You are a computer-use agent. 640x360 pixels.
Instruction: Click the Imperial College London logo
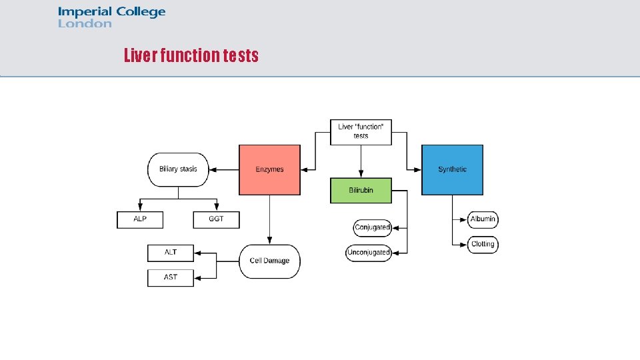111,17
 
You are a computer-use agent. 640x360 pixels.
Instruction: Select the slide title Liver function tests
191,55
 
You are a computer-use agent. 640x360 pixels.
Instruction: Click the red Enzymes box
269,169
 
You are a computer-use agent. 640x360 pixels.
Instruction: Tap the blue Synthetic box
452,169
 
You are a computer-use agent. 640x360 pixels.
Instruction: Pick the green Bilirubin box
361,190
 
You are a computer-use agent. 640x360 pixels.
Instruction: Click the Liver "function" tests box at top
361,131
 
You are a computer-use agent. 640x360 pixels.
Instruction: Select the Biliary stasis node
178,169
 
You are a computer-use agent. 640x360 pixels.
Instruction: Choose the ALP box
140,219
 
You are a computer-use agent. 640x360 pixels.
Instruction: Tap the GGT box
216,219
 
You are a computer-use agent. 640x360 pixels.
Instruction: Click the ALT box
170,253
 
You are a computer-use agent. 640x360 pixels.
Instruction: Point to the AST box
170,277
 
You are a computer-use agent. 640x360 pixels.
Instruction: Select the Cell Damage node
269,261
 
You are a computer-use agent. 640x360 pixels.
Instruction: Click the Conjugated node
372,227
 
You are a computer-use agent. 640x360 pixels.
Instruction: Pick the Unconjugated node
369,253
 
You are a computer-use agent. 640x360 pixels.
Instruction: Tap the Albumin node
483,219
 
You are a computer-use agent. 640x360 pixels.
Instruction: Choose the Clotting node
483,244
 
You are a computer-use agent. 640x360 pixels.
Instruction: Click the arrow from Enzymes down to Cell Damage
269,220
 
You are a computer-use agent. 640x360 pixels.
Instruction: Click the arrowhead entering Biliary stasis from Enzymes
213,169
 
